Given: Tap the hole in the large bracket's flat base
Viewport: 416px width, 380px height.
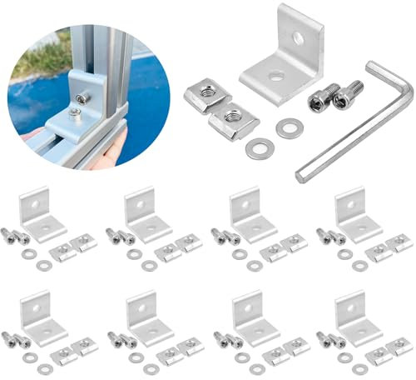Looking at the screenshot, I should [275, 77].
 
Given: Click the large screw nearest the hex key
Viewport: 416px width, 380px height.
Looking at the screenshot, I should [348, 94].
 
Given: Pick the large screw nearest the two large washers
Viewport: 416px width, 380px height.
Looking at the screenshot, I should [319, 99].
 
